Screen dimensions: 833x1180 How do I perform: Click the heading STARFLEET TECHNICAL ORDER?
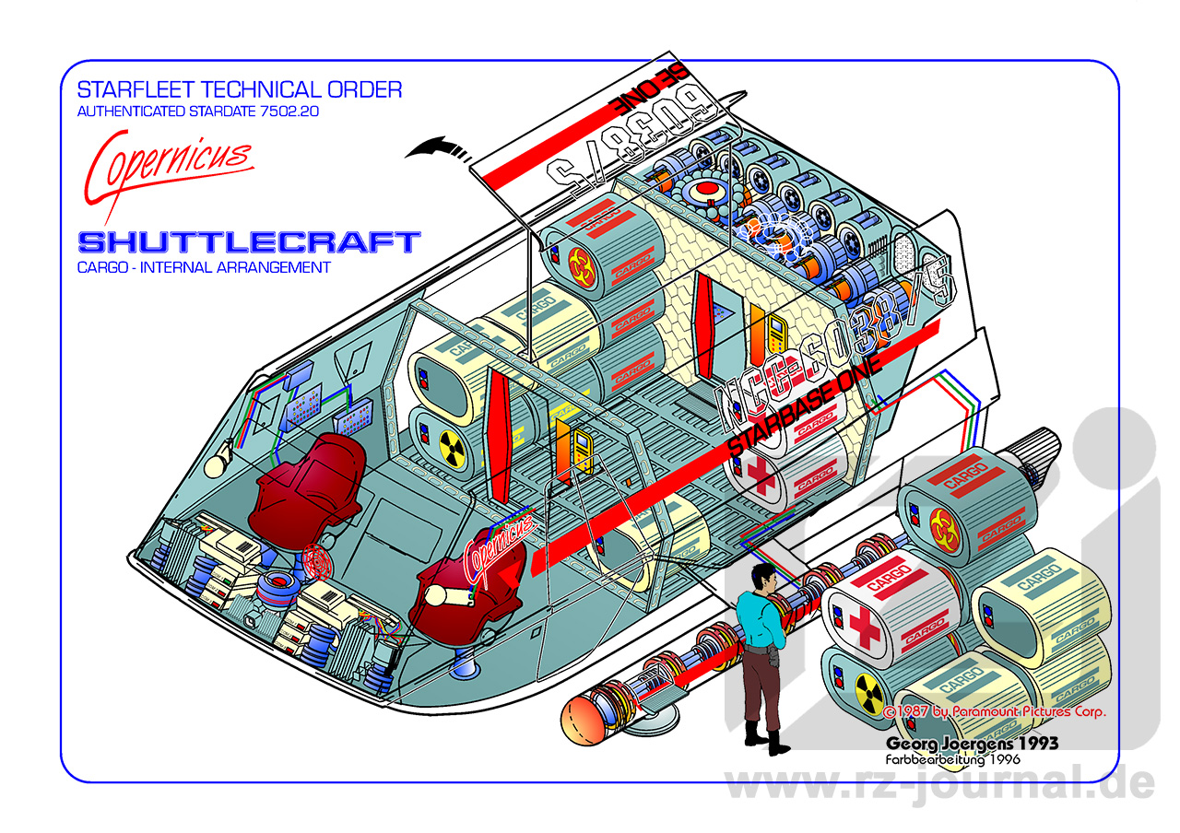tap(240, 90)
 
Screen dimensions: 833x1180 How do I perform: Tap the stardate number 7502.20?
tap(291, 112)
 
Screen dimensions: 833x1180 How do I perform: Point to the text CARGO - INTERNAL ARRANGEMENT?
tap(204, 268)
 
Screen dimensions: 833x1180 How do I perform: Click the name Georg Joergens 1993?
tap(972, 743)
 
